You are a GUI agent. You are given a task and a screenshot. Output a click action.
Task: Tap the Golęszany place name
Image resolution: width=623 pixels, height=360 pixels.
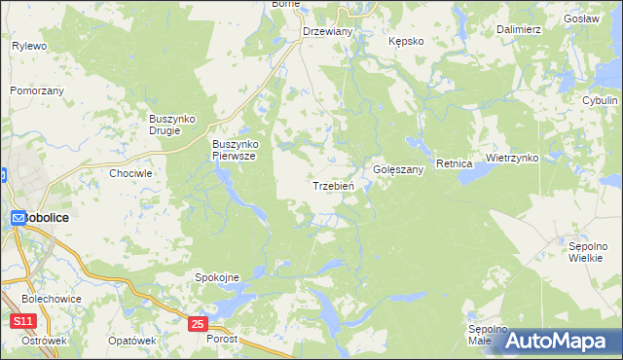398,169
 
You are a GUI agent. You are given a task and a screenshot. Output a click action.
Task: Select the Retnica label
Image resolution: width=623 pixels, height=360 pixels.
454,163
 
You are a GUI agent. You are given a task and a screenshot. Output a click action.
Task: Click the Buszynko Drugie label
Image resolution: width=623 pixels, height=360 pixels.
172,125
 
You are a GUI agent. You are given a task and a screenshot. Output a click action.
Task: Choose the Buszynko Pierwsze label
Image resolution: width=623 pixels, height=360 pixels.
234,149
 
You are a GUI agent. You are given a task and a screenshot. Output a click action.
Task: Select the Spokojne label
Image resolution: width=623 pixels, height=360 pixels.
218,277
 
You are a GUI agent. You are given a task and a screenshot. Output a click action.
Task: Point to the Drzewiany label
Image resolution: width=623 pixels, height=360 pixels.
327,31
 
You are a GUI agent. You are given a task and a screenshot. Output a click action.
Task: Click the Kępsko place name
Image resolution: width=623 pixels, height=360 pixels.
405,42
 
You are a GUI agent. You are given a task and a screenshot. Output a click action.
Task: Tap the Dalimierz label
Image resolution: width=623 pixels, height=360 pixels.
518,30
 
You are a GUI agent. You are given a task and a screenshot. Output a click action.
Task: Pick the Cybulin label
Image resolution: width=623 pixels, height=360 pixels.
600,100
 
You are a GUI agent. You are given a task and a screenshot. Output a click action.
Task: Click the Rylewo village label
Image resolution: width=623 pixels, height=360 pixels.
29,46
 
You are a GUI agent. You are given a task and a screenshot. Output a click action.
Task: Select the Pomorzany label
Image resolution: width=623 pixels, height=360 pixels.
37,90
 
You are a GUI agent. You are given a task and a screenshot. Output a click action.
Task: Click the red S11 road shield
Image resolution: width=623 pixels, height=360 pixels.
23,321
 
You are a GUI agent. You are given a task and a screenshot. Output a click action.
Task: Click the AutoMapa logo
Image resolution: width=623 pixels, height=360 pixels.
550,341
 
